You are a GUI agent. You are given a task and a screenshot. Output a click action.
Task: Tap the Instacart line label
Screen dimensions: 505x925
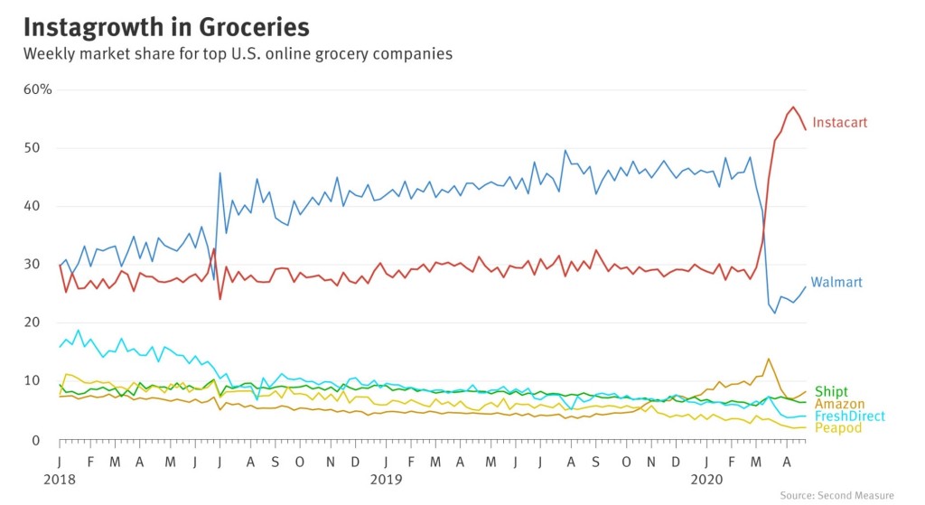(839, 123)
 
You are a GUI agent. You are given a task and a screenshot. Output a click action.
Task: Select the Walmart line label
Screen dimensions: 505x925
(836, 283)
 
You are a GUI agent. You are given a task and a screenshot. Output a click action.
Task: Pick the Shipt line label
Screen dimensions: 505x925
(831, 392)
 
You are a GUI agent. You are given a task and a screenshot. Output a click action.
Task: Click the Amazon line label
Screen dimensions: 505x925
(839, 405)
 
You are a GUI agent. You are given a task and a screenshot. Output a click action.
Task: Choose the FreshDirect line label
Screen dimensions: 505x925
(848, 416)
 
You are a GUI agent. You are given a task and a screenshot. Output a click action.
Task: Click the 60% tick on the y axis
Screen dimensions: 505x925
(37, 89)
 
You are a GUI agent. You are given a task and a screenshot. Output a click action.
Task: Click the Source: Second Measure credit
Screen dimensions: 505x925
(836, 495)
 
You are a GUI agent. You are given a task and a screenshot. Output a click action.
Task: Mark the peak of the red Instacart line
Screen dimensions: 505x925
(792, 107)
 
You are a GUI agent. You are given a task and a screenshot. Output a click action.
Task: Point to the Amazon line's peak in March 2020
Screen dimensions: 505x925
(769, 359)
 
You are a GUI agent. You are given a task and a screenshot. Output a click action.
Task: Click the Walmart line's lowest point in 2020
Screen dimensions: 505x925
(775, 313)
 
